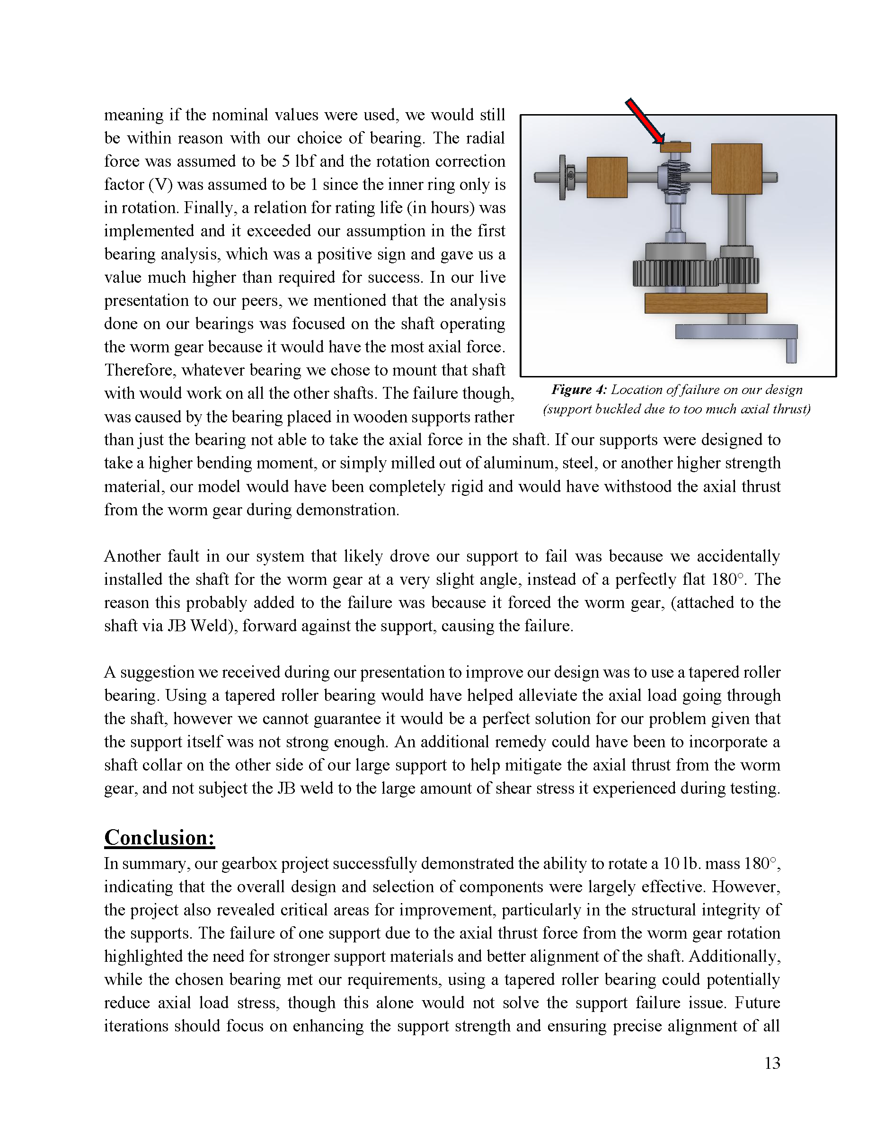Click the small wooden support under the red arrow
click(675, 147)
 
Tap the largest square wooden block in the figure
click(736, 169)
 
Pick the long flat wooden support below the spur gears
click(705, 303)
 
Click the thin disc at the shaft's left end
click(563, 178)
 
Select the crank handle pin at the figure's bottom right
click(791, 350)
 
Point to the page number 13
click(772, 1063)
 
